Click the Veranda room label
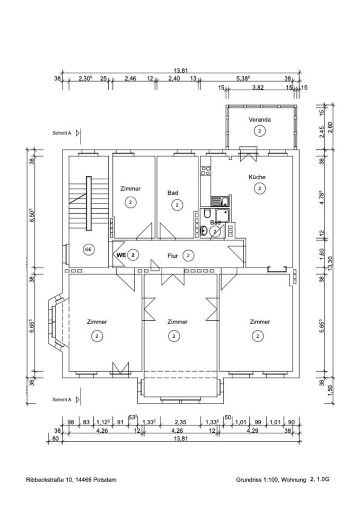(260, 120)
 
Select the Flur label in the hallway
(172, 256)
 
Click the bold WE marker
(121, 255)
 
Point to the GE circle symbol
(88, 249)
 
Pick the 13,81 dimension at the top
(181, 70)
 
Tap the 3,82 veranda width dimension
(258, 88)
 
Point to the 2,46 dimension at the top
(130, 78)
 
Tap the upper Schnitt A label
(63, 134)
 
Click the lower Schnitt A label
(63, 399)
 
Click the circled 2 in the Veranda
(260, 130)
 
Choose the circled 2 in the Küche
(259, 188)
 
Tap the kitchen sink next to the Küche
(219, 201)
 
